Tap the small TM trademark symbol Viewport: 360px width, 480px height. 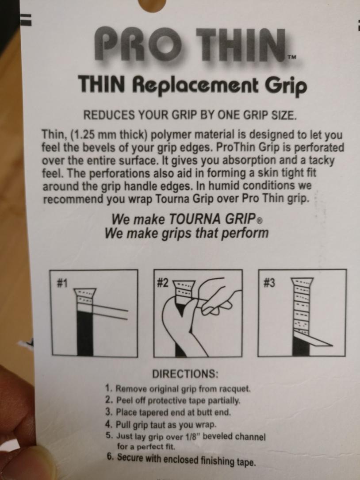coord(292,57)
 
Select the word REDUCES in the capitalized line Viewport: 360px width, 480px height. coord(109,115)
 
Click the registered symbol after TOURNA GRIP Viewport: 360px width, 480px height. coord(259,220)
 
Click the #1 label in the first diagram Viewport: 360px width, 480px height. coord(62,284)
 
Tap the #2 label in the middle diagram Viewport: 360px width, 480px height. coord(163,284)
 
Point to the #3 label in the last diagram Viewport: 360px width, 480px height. coord(269,283)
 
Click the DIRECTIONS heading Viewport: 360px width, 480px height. coord(185,374)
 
